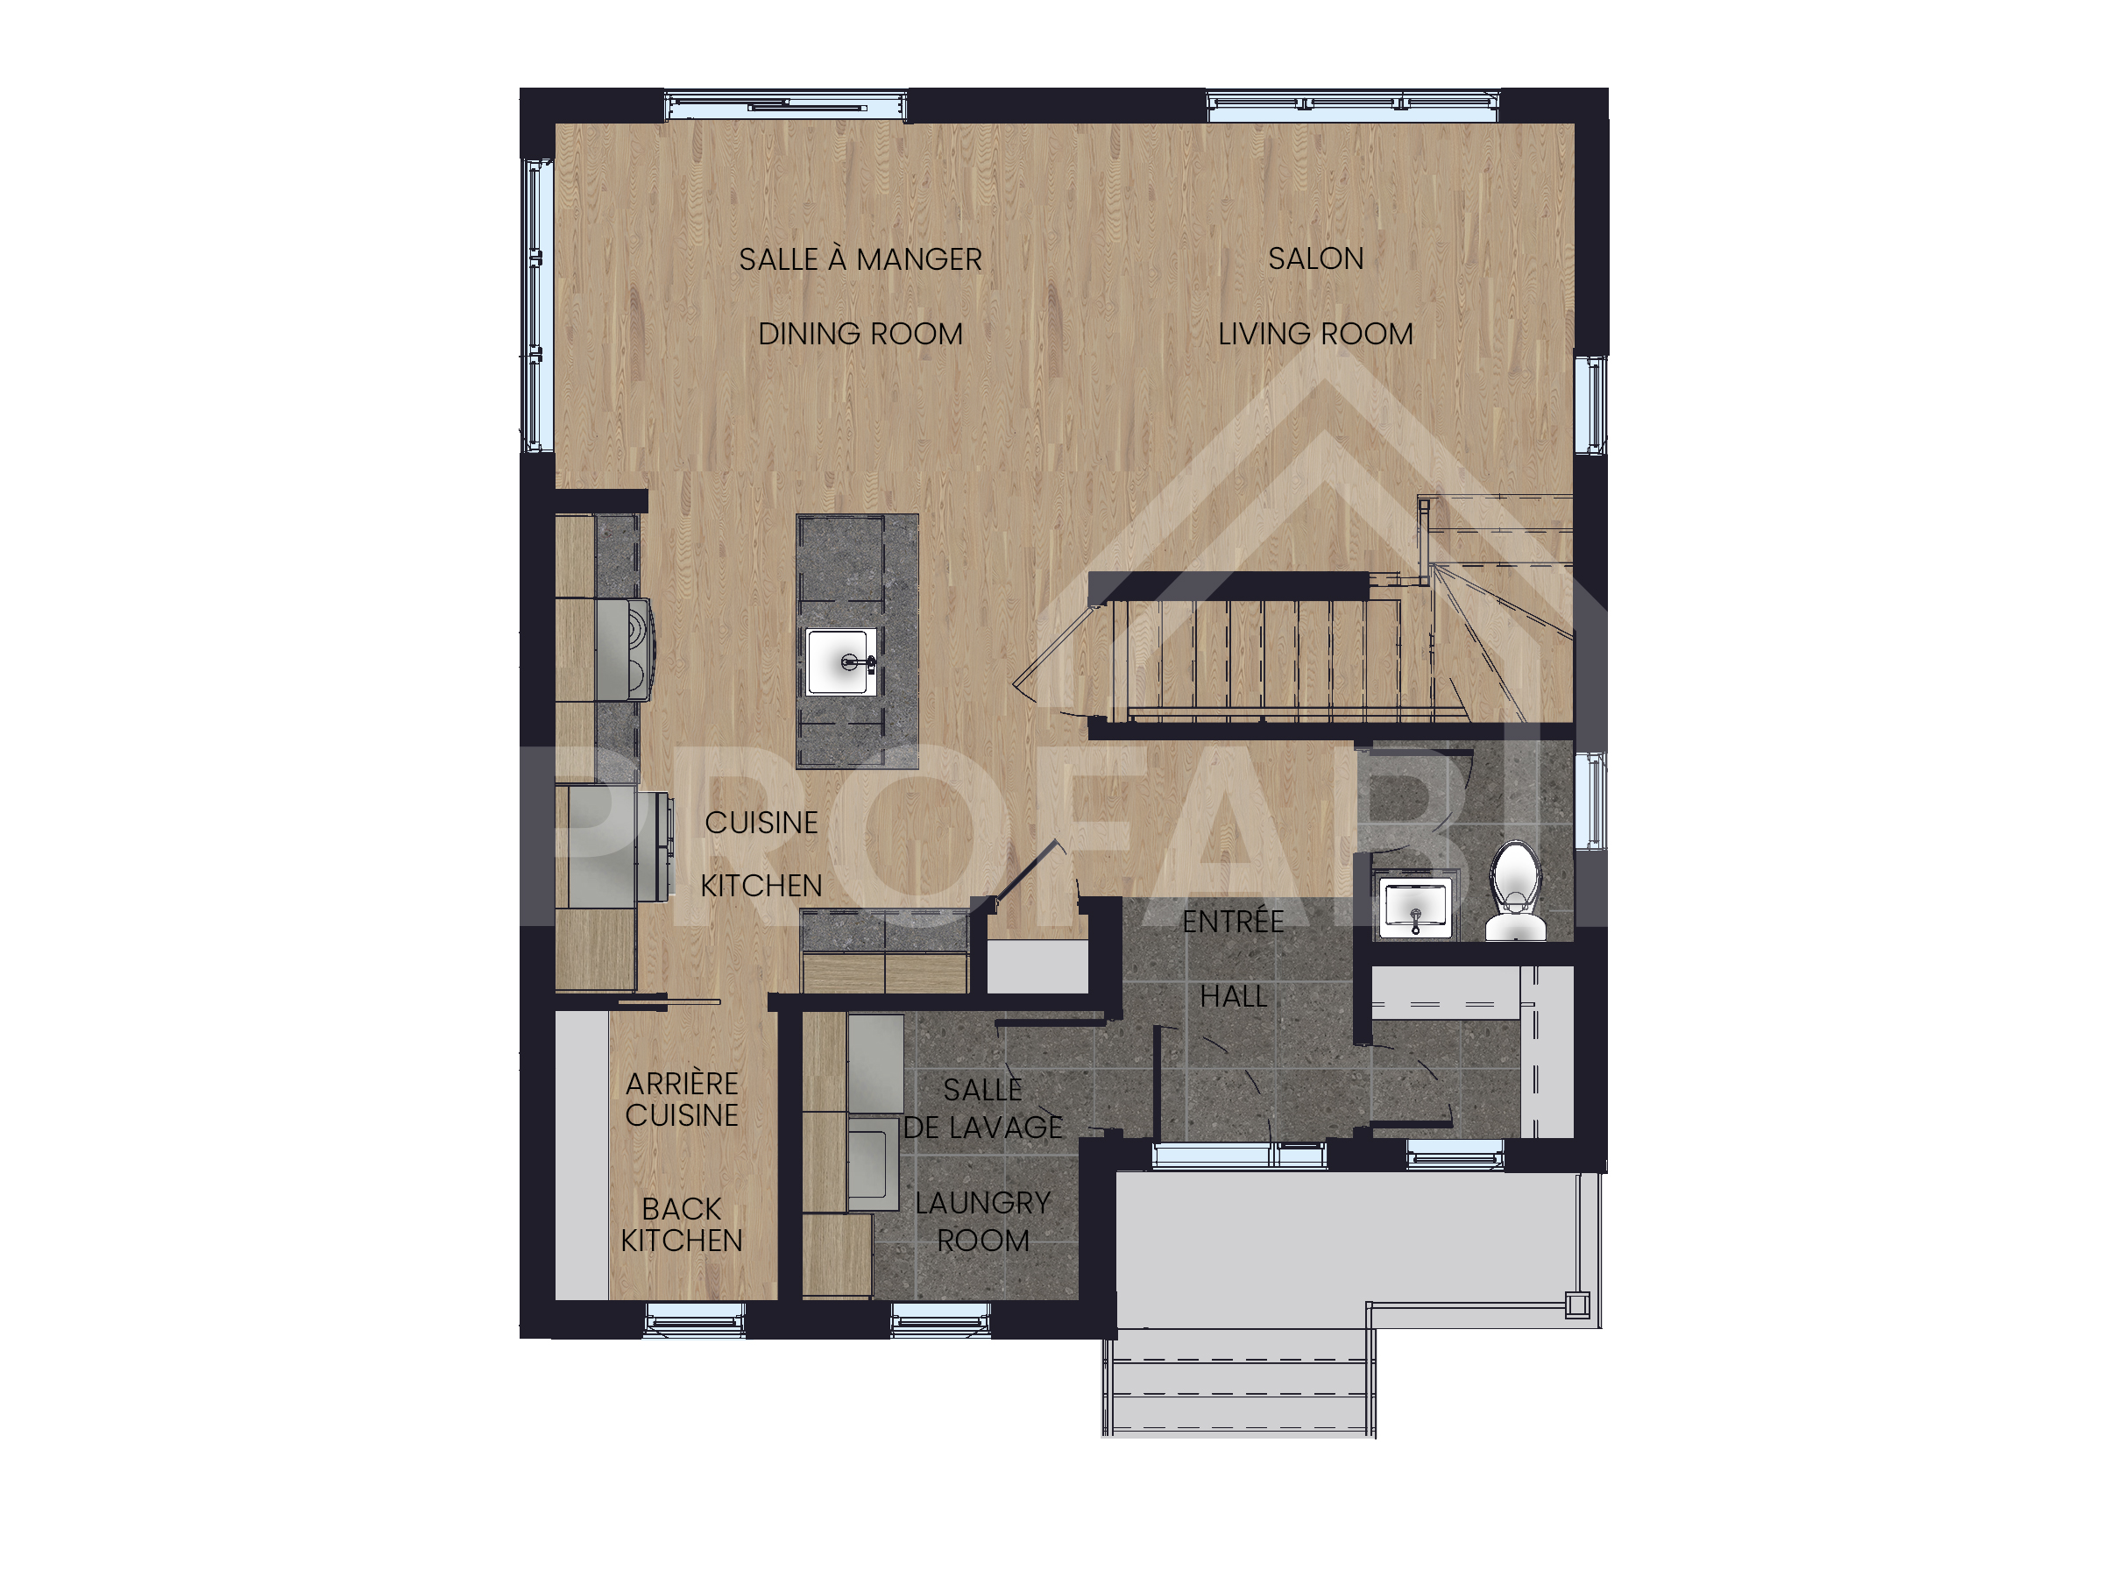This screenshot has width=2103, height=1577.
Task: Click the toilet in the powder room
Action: point(1515,891)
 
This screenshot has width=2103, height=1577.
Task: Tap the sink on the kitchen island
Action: point(840,661)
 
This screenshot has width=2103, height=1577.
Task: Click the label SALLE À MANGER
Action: point(860,259)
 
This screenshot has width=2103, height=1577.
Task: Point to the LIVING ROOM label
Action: point(1316,335)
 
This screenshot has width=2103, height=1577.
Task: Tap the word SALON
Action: point(1316,258)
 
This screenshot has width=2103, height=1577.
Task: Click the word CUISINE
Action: point(761,824)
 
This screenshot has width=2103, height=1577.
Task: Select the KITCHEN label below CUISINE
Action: point(761,886)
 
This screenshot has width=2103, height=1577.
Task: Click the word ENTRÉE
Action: point(1233,920)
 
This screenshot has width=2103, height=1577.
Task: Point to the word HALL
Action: point(1233,997)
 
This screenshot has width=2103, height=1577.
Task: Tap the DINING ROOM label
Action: point(860,335)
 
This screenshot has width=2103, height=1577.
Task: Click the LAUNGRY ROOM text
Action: point(983,1221)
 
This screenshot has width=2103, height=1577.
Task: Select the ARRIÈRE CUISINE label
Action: point(682,1100)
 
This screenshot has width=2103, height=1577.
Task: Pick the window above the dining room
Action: point(785,105)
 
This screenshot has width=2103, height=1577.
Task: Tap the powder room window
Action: point(1590,801)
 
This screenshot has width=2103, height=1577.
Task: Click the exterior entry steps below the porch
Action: point(1239,1383)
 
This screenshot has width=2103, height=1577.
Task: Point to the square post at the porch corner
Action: point(1577,1305)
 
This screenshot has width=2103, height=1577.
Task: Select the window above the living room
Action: point(1354,105)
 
